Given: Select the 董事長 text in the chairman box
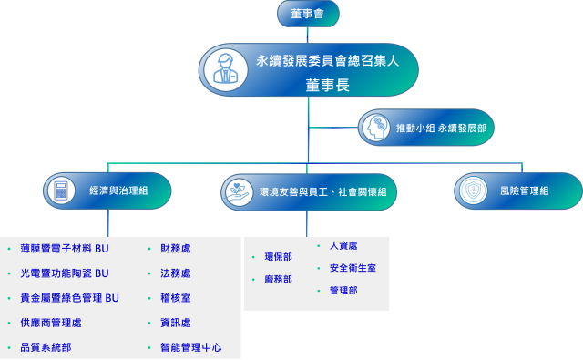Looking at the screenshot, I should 327,85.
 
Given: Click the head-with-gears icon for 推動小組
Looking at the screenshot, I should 375,129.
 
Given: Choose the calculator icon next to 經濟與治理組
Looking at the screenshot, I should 62,191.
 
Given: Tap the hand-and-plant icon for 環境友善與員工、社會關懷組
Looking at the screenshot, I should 239,191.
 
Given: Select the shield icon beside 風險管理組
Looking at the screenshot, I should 472,190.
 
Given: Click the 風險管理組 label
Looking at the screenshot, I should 524,191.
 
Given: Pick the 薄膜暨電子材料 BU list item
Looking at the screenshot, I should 64,248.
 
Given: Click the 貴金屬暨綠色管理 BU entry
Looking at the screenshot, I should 69,298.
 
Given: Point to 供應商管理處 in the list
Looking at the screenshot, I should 50,323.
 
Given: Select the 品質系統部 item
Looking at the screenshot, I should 46,348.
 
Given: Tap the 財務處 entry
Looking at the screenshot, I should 175,248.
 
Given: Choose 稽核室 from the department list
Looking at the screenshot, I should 175,298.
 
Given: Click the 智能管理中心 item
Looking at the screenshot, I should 190,348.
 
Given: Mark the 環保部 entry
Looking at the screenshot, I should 278,257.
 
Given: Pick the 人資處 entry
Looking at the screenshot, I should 343,246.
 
